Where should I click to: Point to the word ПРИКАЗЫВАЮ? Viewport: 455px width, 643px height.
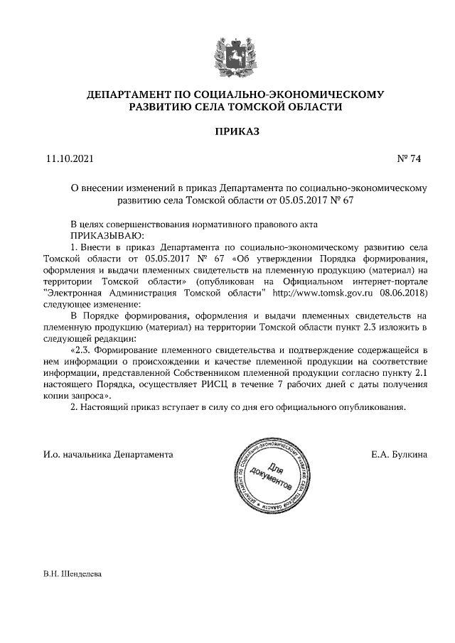tap(107, 234)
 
